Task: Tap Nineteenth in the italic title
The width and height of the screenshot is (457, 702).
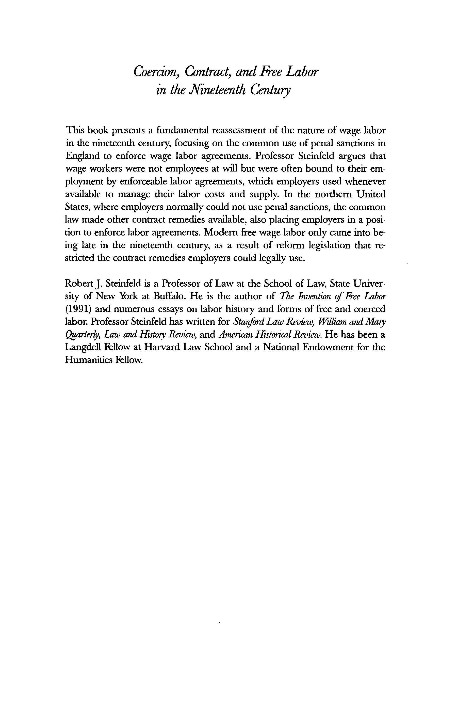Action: pyautogui.click(x=218, y=89)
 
